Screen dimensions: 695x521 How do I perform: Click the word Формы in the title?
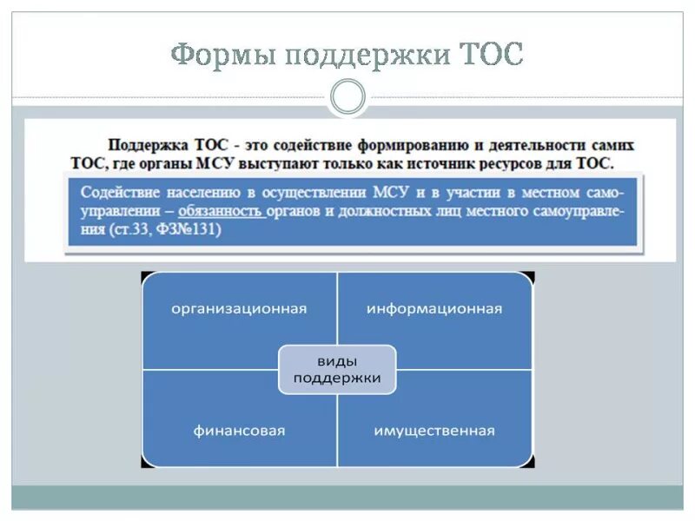pyautogui.click(x=222, y=56)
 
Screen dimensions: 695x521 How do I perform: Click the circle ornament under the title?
pyautogui.click(x=347, y=97)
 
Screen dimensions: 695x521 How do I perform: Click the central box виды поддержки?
pyautogui.click(x=337, y=369)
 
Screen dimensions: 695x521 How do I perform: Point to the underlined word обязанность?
pyautogui.click(x=221, y=211)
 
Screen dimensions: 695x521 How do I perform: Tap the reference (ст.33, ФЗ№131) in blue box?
pyautogui.click(x=166, y=230)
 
